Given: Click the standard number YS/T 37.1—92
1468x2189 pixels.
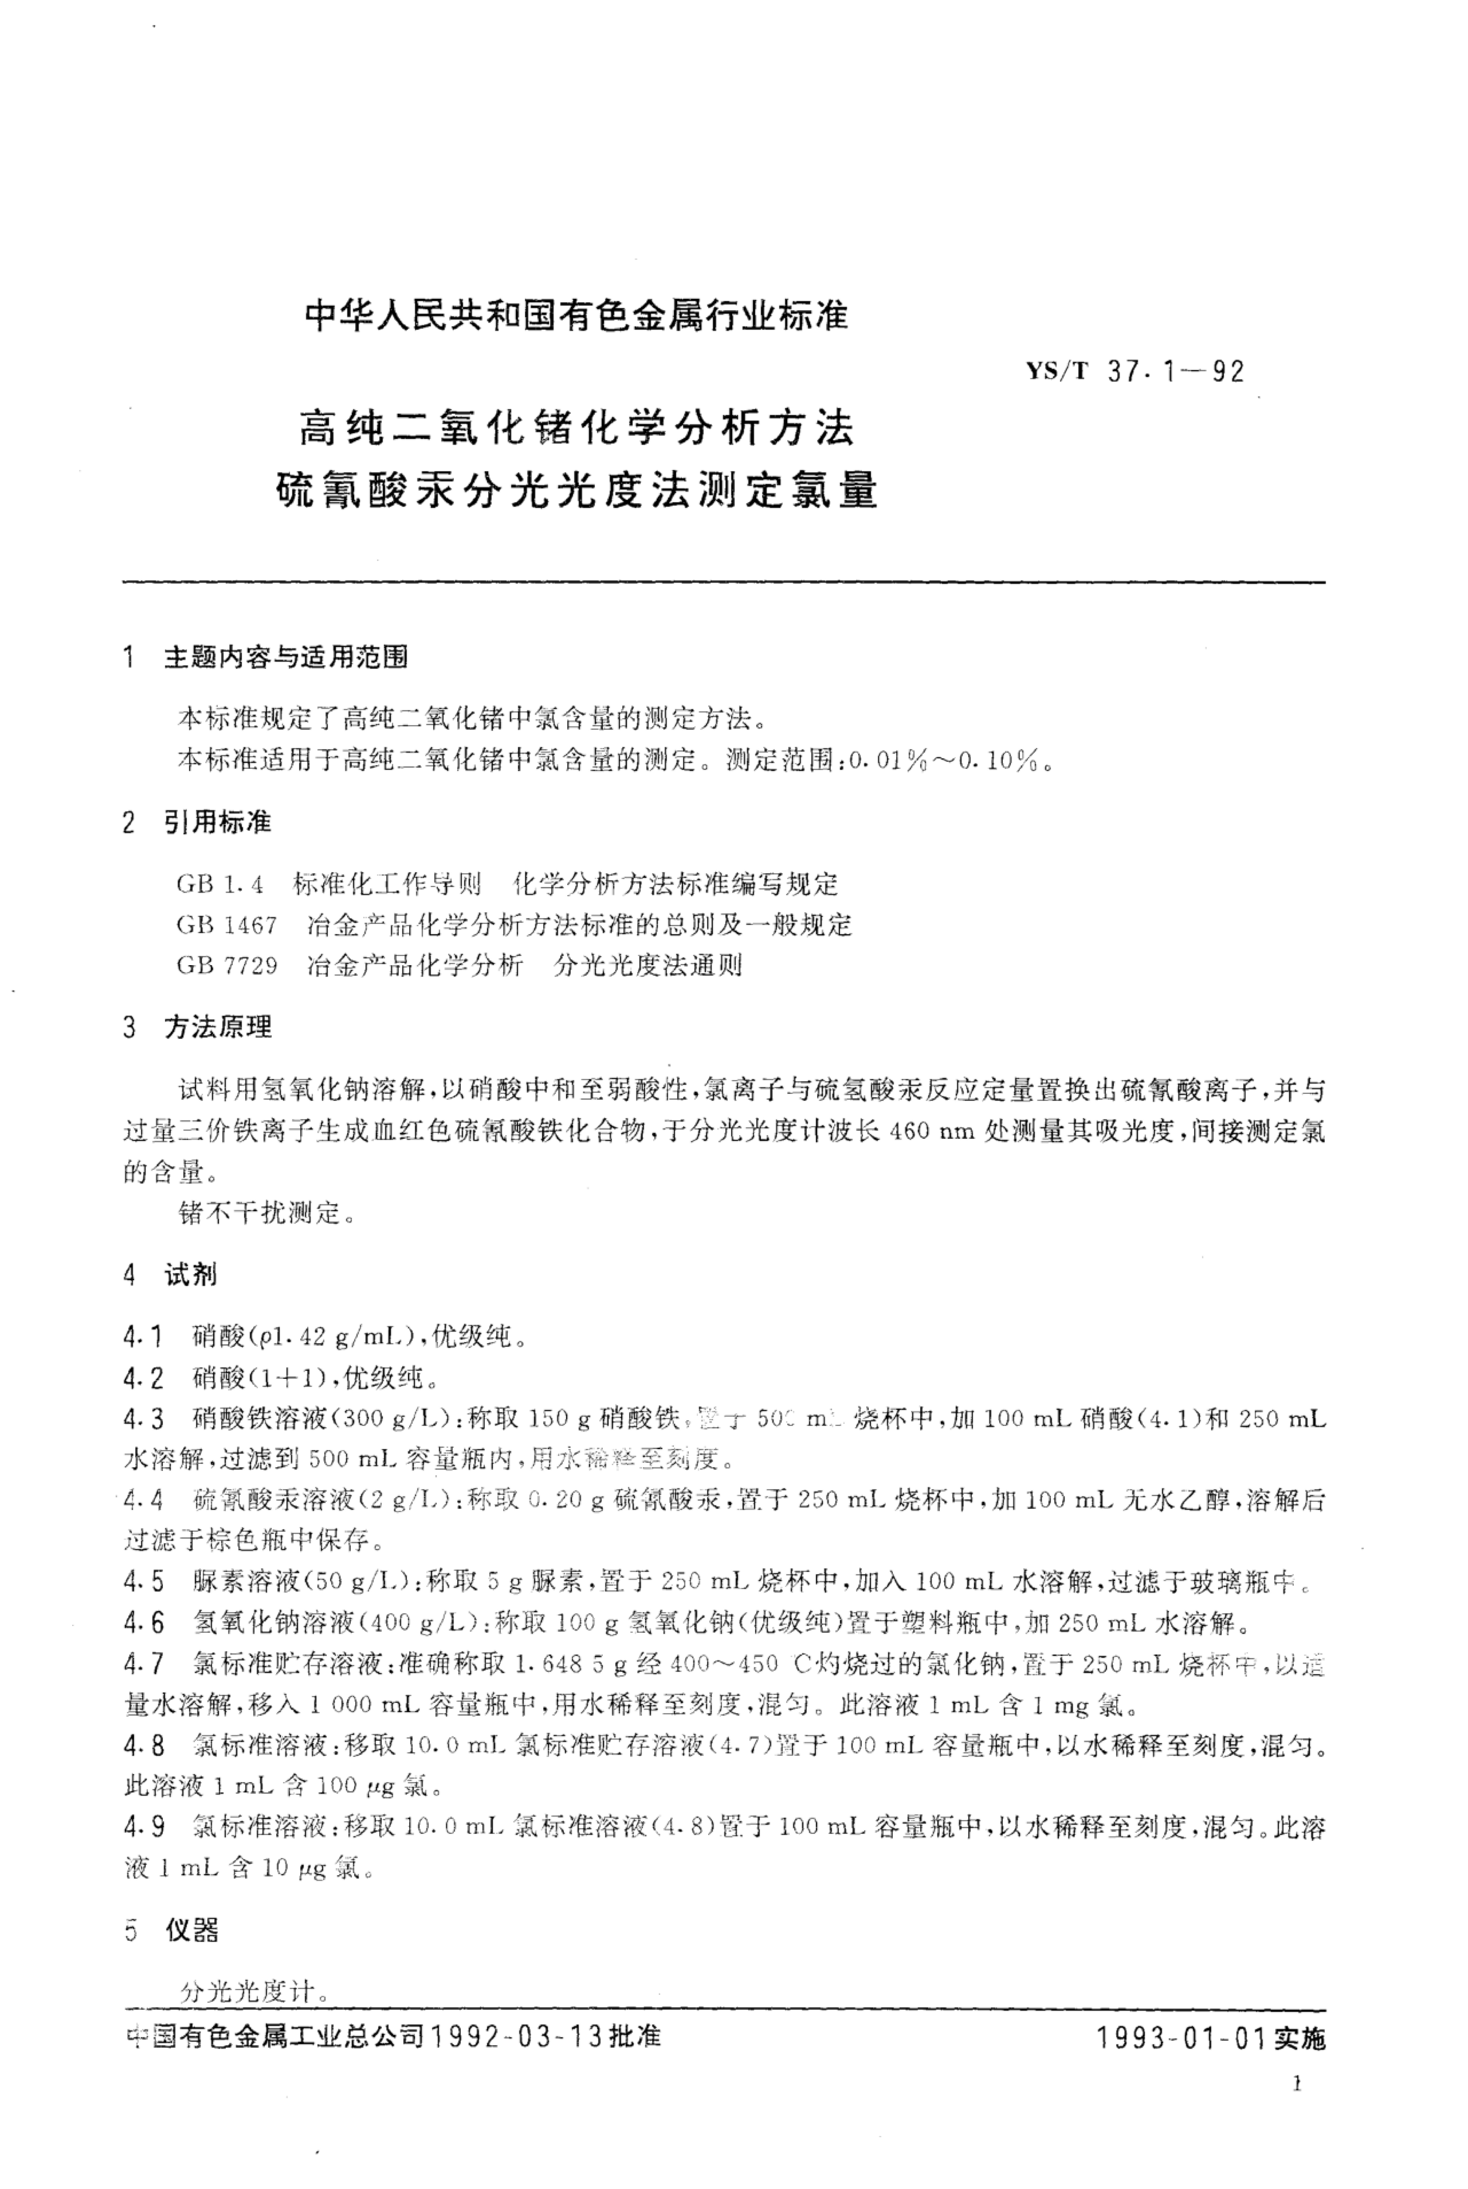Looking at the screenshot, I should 1135,372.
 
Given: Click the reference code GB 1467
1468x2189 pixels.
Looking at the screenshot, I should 227,925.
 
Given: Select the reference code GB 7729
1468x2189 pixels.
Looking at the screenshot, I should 227,965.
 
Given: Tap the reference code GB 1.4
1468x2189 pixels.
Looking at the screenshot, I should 220,884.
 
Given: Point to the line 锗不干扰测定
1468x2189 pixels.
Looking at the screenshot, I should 259,1214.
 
